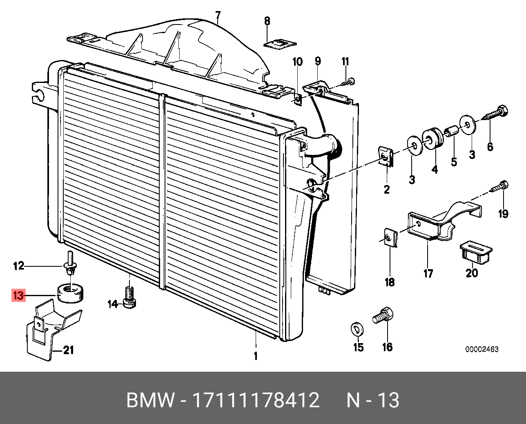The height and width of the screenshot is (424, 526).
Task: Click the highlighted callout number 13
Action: pyautogui.click(x=19, y=295)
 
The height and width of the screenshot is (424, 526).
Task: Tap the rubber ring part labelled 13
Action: pyautogui.click(x=70, y=292)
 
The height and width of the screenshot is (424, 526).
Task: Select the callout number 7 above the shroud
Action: pyautogui.click(x=218, y=16)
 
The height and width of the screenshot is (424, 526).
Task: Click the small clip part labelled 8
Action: pyautogui.click(x=280, y=43)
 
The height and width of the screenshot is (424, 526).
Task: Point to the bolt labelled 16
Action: pyautogui.click(x=383, y=316)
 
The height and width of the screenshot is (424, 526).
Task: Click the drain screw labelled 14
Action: pyautogui.click(x=129, y=297)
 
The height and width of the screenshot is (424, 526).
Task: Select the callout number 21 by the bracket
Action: pyautogui.click(x=68, y=350)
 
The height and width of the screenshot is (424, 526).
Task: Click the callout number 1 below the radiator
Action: pyautogui.click(x=256, y=356)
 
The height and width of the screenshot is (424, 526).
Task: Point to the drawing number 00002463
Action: pyautogui.click(x=482, y=349)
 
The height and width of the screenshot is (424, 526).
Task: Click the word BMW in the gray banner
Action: pyautogui.click(x=150, y=400)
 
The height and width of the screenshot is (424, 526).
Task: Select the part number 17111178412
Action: pyautogui.click(x=256, y=400)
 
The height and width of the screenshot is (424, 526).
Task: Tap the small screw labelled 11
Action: pyautogui.click(x=348, y=83)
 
